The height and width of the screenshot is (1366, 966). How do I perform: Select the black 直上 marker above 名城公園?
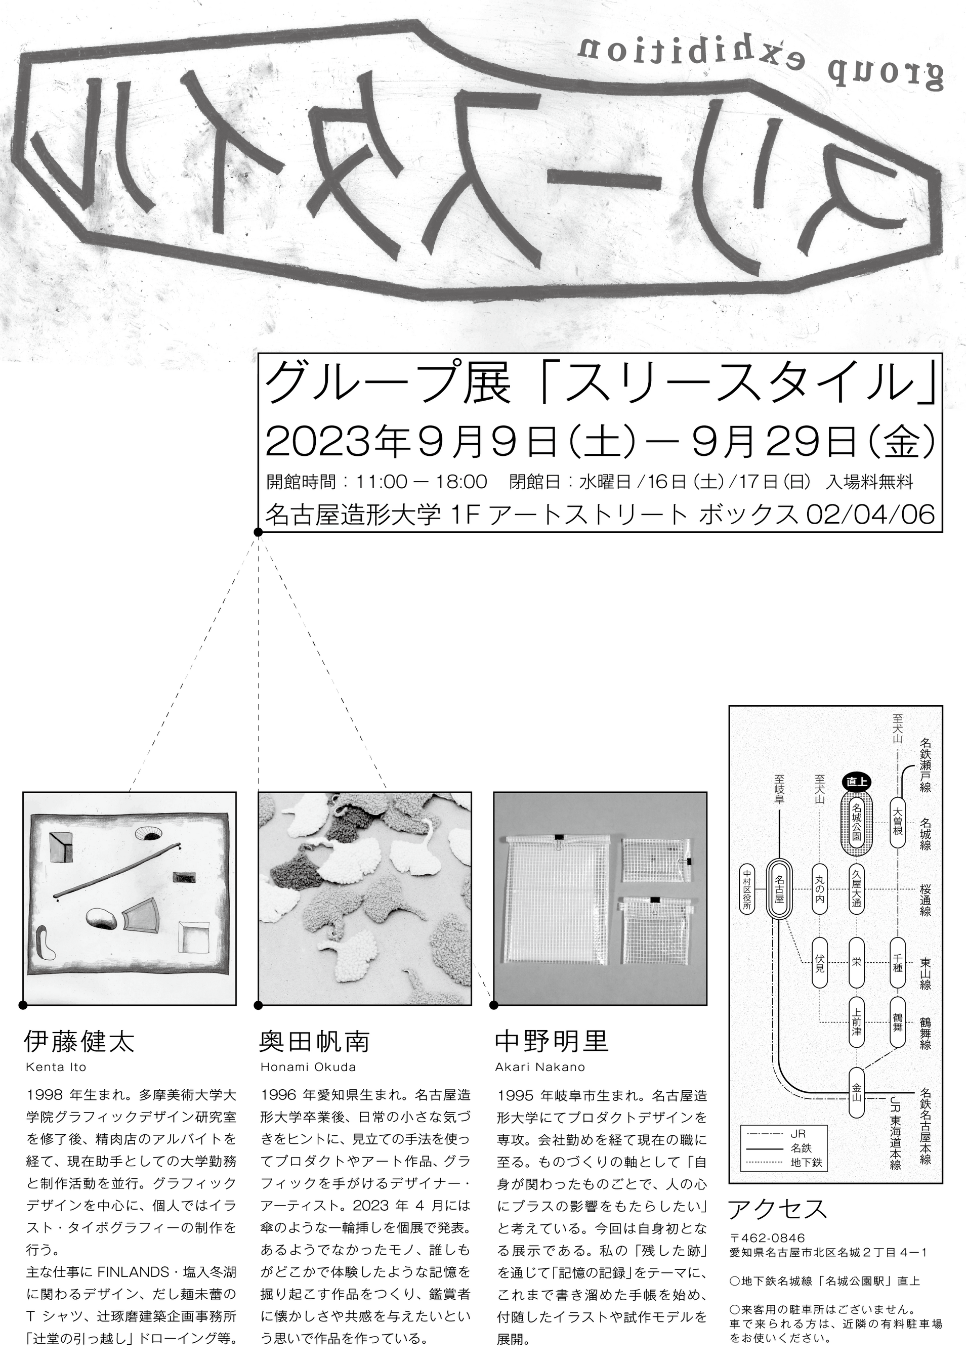coord(857,783)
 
